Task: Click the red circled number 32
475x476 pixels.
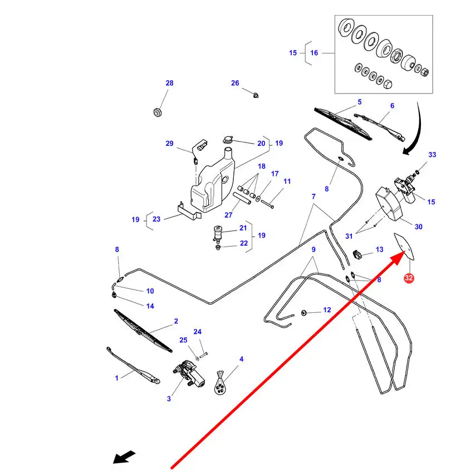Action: click(x=409, y=277)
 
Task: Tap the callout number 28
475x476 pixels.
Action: click(x=169, y=83)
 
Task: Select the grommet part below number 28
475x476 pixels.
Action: click(x=158, y=112)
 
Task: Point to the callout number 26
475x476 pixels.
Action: click(x=235, y=83)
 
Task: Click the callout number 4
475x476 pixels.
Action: click(x=241, y=359)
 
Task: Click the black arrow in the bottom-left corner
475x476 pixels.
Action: click(x=124, y=458)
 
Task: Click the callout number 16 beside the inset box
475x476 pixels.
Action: click(x=314, y=53)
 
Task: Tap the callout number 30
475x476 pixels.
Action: click(x=418, y=226)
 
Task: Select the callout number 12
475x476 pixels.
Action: click(x=327, y=310)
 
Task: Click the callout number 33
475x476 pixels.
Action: click(x=432, y=154)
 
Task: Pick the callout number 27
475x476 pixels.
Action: click(x=228, y=215)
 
